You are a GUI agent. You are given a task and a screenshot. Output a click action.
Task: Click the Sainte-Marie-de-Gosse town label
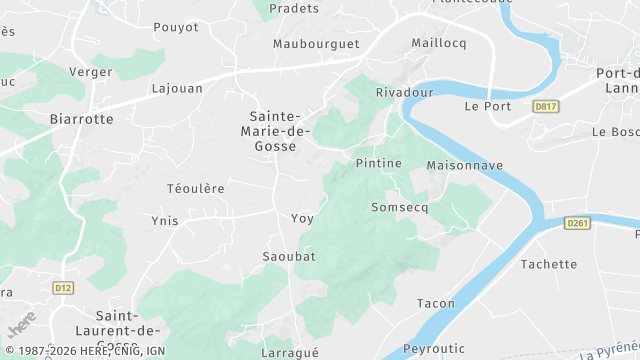(279, 131)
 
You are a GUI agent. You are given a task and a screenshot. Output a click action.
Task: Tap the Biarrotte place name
(81, 118)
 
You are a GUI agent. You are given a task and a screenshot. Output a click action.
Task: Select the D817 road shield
(545, 106)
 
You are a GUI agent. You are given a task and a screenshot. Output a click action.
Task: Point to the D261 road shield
(577, 222)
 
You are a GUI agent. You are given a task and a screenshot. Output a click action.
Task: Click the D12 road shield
(64, 288)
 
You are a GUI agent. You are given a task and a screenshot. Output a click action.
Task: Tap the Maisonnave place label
(464, 164)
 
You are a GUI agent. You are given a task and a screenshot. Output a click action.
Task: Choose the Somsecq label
(399, 208)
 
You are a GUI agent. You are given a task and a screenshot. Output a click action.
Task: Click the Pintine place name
(378, 163)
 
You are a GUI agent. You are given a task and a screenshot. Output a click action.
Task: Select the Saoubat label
(288, 256)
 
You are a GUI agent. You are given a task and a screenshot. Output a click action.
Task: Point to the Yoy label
(301, 218)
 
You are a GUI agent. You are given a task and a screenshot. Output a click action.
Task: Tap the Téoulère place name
(195, 188)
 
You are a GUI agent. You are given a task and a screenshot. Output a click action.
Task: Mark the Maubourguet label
(315, 44)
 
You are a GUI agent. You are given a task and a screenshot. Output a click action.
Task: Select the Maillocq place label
(440, 43)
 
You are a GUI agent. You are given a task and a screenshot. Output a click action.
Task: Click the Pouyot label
(176, 27)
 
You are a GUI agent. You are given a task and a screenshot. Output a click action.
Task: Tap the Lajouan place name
(177, 88)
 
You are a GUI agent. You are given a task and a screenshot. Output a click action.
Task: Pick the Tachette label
(549, 264)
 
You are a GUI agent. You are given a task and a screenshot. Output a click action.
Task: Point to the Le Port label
(488, 106)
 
